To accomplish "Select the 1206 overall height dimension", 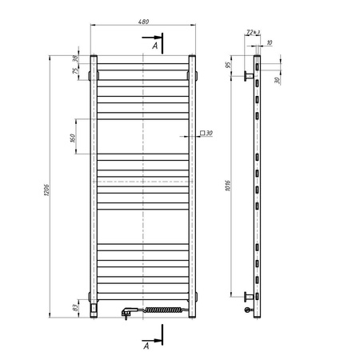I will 46,189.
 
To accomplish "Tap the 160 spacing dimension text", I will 73,138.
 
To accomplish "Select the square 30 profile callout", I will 203,133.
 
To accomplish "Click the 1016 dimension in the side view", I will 230,189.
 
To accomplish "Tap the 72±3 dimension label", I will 250,32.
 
